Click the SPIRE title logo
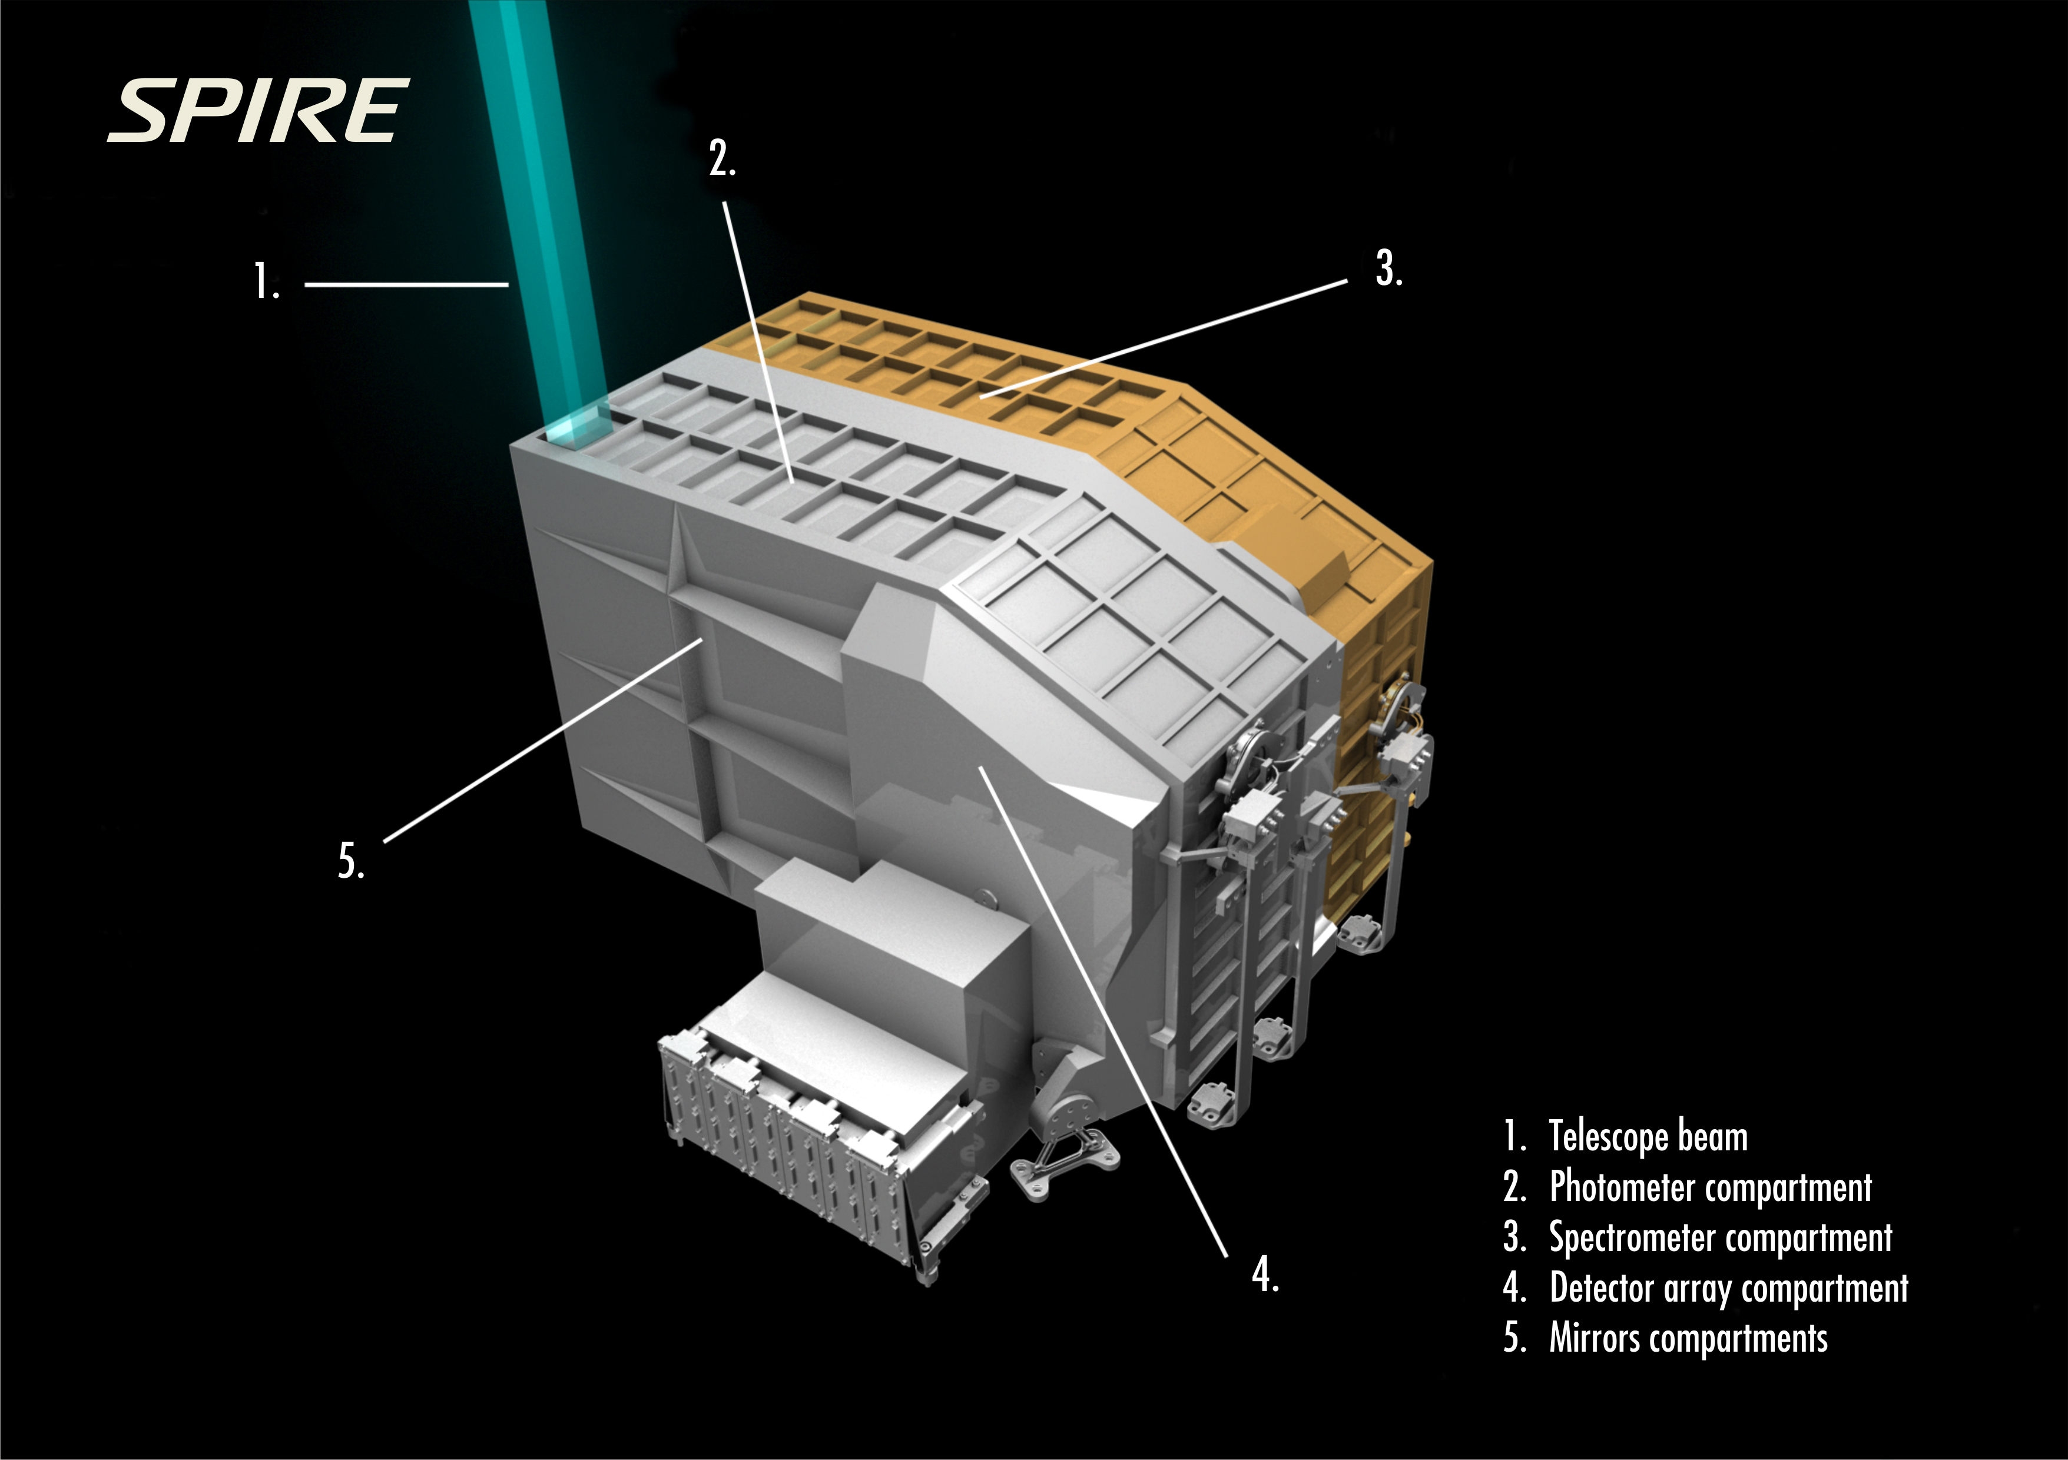click(258, 111)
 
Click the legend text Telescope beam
click(1648, 1137)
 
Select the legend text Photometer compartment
click(1711, 1187)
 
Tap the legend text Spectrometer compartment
click(1721, 1237)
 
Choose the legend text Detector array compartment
click(1728, 1288)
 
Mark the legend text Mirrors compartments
click(1688, 1338)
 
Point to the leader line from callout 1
click(406, 284)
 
